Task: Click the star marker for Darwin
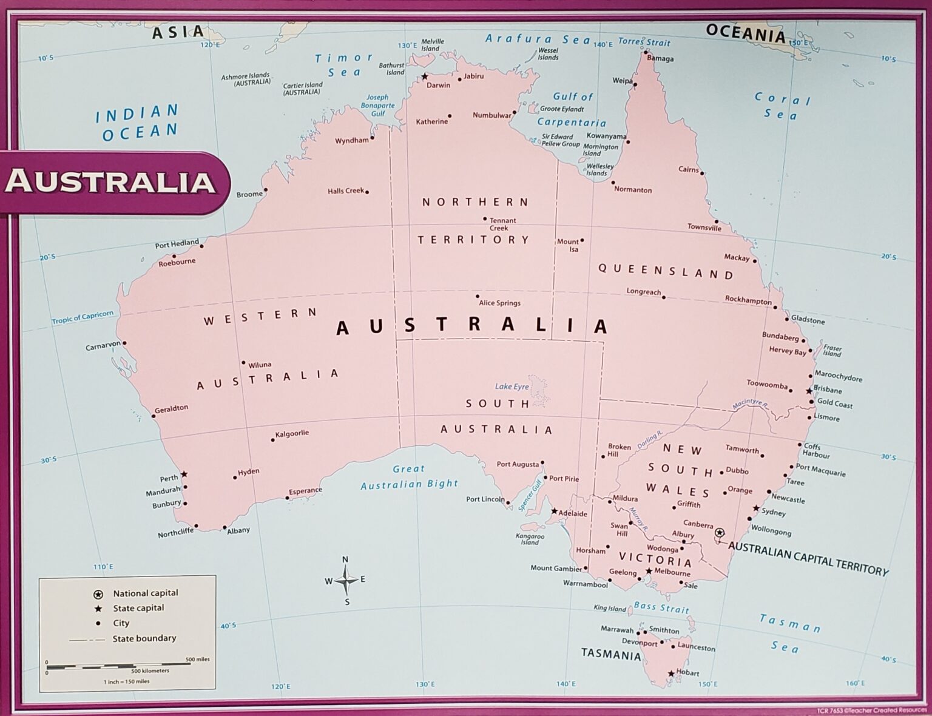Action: point(425,76)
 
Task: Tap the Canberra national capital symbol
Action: point(719,533)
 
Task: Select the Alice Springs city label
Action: point(499,303)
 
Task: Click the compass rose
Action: point(346,580)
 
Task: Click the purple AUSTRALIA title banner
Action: point(111,182)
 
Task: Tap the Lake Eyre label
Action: point(512,387)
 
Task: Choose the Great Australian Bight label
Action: point(409,477)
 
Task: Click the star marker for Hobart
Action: point(670,674)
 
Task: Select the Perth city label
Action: point(169,478)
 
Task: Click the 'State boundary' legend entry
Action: point(144,638)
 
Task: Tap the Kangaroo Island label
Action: point(530,539)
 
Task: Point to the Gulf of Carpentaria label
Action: point(572,109)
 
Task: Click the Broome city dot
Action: point(265,190)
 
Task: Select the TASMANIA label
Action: point(610,654)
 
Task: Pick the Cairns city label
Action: point(688,169)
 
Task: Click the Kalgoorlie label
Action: point(292,433)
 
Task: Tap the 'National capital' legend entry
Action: point(145,593)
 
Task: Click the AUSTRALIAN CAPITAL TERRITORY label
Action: point(808,558)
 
